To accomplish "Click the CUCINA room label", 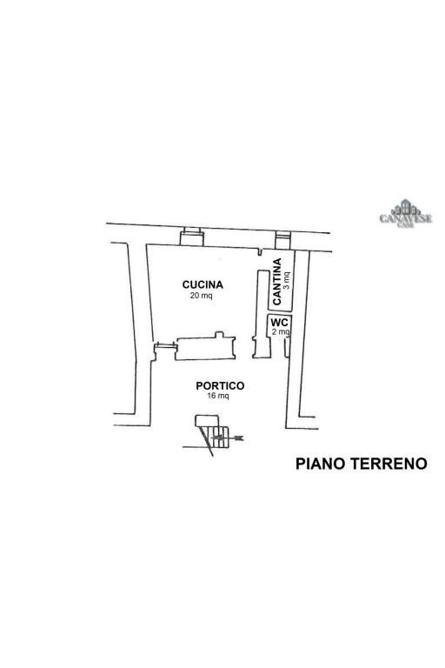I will [203, 284].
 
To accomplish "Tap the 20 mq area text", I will [201, 296].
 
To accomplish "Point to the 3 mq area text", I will [287, 280].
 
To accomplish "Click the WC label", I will [279, 322].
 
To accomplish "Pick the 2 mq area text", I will [280, 332].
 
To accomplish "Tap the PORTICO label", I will [220, 385].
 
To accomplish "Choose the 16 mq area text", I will [218, 397].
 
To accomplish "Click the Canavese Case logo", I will [405, 214].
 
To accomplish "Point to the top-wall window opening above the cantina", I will [282, 238].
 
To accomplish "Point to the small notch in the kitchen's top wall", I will [259, 252].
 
